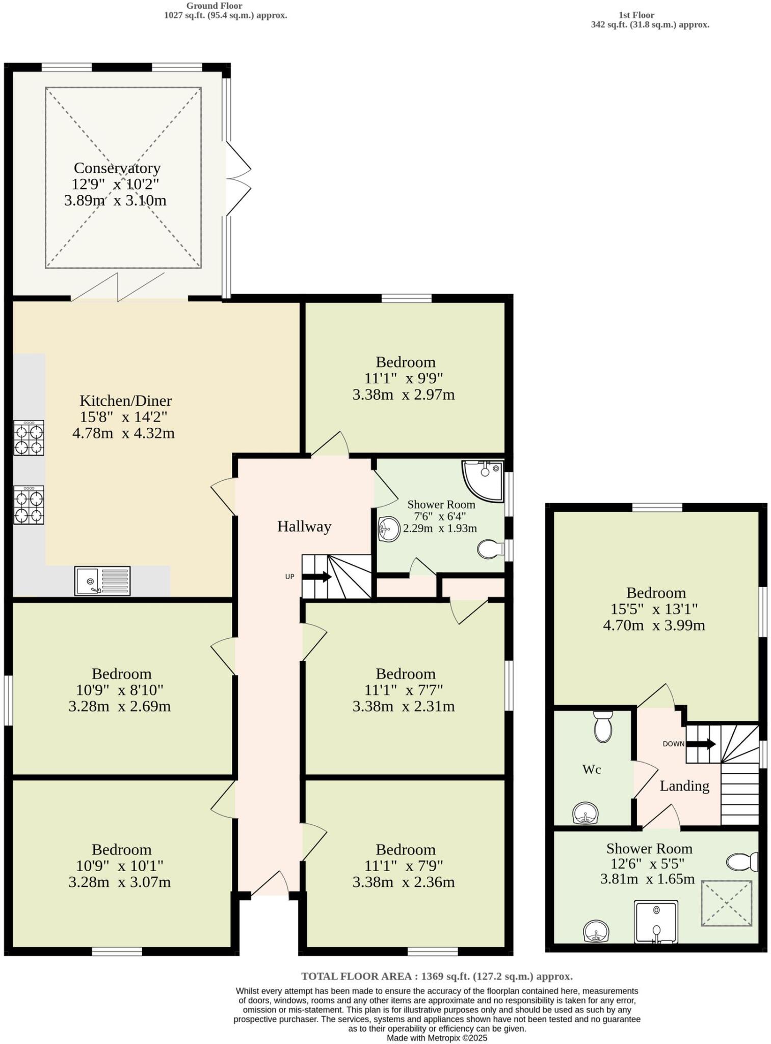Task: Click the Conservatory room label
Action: (x=117, y=168)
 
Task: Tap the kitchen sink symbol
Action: (x=102, y=581)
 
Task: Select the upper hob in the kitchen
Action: (x=29, y=438)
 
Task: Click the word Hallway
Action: (x=304, y=527)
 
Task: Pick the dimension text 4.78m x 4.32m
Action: (x=123, y=433)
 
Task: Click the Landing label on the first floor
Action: (x=684, y=786)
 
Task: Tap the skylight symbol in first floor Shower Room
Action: (x=726, y=903)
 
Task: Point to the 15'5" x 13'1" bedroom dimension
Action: (x=654, y=609)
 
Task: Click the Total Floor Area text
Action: (x=437, y=976)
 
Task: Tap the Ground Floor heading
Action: (x=214, y=6)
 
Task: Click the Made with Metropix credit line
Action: (x=437, y=1038)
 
